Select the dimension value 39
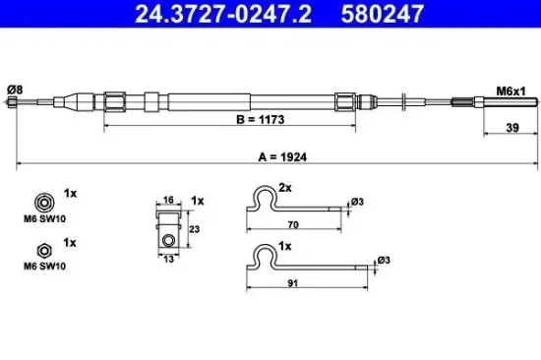[510, 127]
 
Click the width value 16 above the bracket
[169, 199]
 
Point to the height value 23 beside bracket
[195, 228]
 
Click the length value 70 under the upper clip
[293, 225]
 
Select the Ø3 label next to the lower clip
[382, 261]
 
